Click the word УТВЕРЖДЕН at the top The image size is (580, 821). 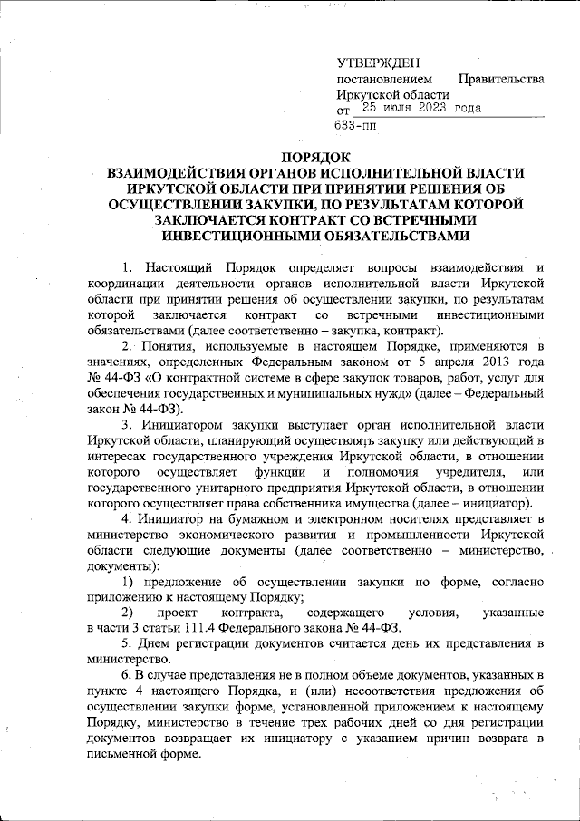tap(379, 63)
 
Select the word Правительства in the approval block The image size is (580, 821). tap(500, 79)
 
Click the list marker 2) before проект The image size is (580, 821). tap(128, 613)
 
